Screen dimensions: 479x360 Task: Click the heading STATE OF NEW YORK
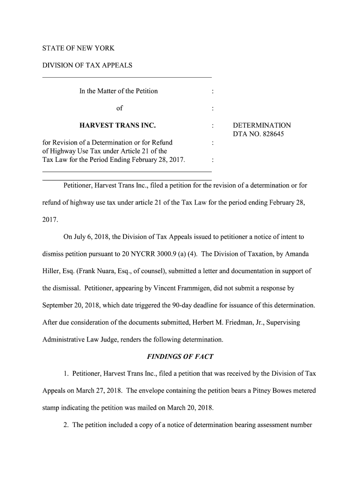(x=78, y=48)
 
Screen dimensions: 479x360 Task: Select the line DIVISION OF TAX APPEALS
(x=87, y=65)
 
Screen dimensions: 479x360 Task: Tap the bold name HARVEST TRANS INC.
(x=117, y=125)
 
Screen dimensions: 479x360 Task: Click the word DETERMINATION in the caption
(x=262, y=125)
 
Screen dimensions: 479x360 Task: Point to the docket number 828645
(x=272, y=134)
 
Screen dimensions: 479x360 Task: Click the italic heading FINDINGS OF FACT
(x=180, y=356)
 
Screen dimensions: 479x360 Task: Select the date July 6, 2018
(x=92, y=237)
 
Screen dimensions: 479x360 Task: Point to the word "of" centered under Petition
(x=119, y=108)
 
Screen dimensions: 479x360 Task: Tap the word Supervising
(x=281, y=322)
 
